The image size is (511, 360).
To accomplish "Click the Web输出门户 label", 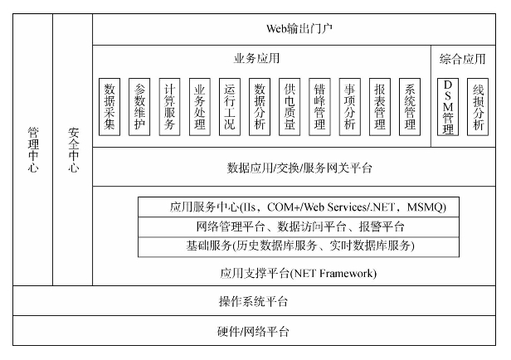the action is (299, 29).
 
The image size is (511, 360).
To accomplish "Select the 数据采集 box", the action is (109, 107).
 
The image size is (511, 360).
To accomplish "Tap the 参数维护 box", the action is (139, 107).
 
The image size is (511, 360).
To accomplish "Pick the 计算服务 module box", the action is (169, 107).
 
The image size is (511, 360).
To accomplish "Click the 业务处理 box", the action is (199, 107).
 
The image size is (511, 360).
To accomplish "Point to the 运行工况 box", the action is (230, 107).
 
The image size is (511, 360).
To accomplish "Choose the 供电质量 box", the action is (290, 107).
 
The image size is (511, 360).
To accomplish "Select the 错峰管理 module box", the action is (319, 107).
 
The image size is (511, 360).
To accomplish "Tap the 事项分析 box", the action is (350, 107).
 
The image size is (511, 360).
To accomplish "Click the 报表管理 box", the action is (380, 107).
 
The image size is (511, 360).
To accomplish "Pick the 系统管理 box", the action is (410, 107).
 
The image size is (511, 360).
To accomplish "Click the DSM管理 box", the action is (448, 107).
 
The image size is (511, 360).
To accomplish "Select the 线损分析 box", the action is (478, 107).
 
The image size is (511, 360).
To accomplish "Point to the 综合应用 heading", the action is (462, 59).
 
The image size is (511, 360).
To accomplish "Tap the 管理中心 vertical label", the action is (33, 150).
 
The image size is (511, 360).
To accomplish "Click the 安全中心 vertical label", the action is (73, 150).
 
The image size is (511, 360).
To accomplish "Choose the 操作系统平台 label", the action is (253, 301).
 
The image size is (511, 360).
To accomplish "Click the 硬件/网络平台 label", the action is (253, 331).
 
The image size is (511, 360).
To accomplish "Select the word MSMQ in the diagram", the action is (426, 207).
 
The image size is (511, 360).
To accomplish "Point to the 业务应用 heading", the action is (257, 58).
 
